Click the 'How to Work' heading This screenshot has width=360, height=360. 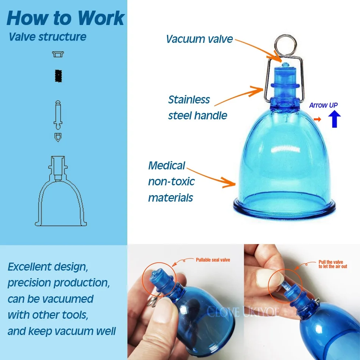(66, 18)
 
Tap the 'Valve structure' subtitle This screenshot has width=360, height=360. (47, 37)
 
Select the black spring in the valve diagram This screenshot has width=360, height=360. (58, 76)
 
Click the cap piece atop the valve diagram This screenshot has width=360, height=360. (58, 55)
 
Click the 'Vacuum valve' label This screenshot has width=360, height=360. (199, 39)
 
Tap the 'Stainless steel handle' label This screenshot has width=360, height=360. (197, 108)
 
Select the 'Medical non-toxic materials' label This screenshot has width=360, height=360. (171, 182)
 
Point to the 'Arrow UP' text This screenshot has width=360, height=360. (323, 105)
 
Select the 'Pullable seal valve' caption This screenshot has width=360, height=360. (213, 260)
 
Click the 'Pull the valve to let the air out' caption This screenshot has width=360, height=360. (333, 264)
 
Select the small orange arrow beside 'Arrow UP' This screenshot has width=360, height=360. (318, 119)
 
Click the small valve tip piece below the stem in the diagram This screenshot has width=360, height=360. (58, 137)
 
